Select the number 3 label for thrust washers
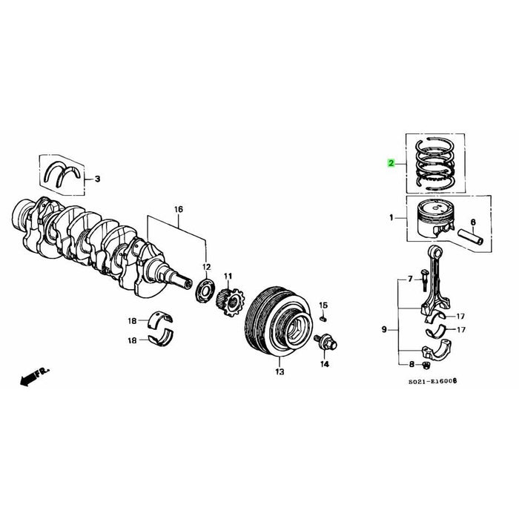tap(97, 179)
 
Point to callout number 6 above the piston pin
tap(474, 221)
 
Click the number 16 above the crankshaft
tap(178, 211)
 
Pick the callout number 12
tap(207, 265)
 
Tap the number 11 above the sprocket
tap(228, 275)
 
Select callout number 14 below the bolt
tap(324, 365)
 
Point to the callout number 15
tap(323, 305)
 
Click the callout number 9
tap(384, 328)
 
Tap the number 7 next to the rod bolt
tap(408, 280)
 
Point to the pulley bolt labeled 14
tap(325, 342)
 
